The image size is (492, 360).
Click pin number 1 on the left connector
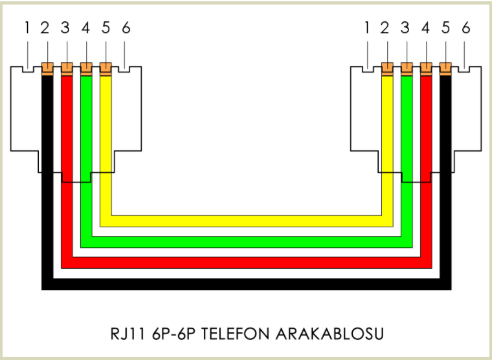(27, 28)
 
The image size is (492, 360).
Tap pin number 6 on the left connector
(126, 28)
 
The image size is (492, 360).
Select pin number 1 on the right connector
(367, 28)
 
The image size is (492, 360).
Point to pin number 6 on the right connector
(465, 28)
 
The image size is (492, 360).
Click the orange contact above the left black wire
(47, 67)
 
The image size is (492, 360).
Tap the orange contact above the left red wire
(66, 67)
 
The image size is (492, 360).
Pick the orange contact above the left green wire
(86, 67)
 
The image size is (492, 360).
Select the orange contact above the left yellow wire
(106, 67)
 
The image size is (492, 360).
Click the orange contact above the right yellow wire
(386, 67)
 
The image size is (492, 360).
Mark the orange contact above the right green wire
(407, 67)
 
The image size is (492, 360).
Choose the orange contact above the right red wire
(426, 67)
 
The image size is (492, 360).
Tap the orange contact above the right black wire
(445, 67)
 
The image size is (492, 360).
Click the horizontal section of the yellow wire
(246, 221)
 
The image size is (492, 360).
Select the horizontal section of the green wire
(246, 242)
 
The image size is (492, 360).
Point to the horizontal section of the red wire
(246, 262)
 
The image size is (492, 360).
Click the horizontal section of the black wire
(246, 284)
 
